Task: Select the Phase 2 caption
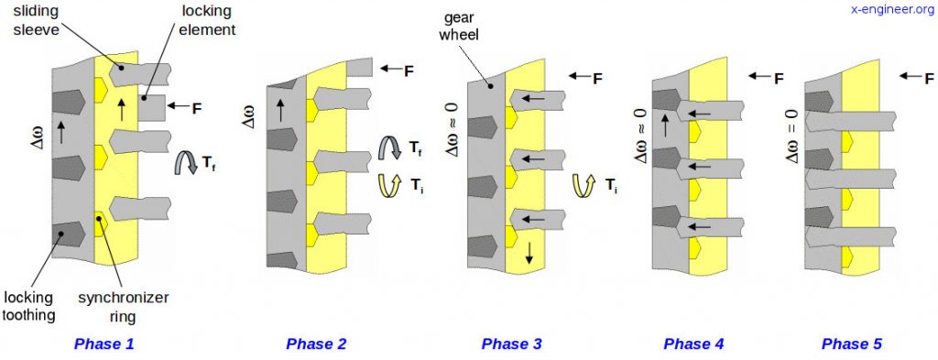coord(316,344)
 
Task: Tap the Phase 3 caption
coord(511,344)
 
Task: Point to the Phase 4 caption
coord(693,344)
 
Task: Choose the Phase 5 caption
coord(852,344)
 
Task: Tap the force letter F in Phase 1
coord(197,108)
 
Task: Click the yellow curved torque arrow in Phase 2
coord(389,184)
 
